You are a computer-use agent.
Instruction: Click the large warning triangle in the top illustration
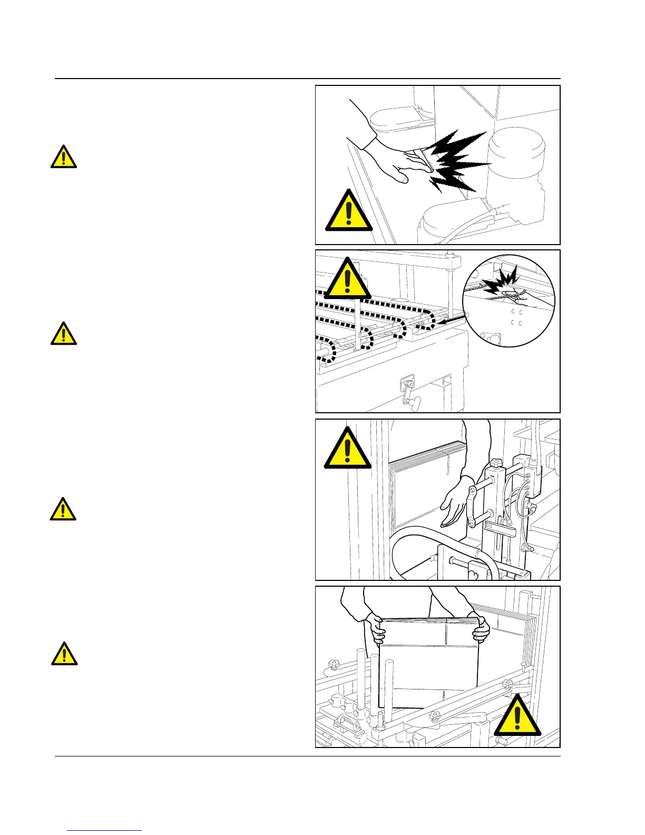click(x=348, y=212)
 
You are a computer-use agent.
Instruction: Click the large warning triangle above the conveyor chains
click(x=347, y=279)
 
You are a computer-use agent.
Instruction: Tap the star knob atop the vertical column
click(x=495, y=463)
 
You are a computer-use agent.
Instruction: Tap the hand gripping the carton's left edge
click(x=375, y=628)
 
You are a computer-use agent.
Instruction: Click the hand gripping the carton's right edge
click(x=482, y=627)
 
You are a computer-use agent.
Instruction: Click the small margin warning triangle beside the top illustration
click(x=64, y=157)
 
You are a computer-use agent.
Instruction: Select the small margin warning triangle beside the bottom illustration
click(x=64, y=654)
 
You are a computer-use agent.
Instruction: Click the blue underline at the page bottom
click(x=105, y=830)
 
